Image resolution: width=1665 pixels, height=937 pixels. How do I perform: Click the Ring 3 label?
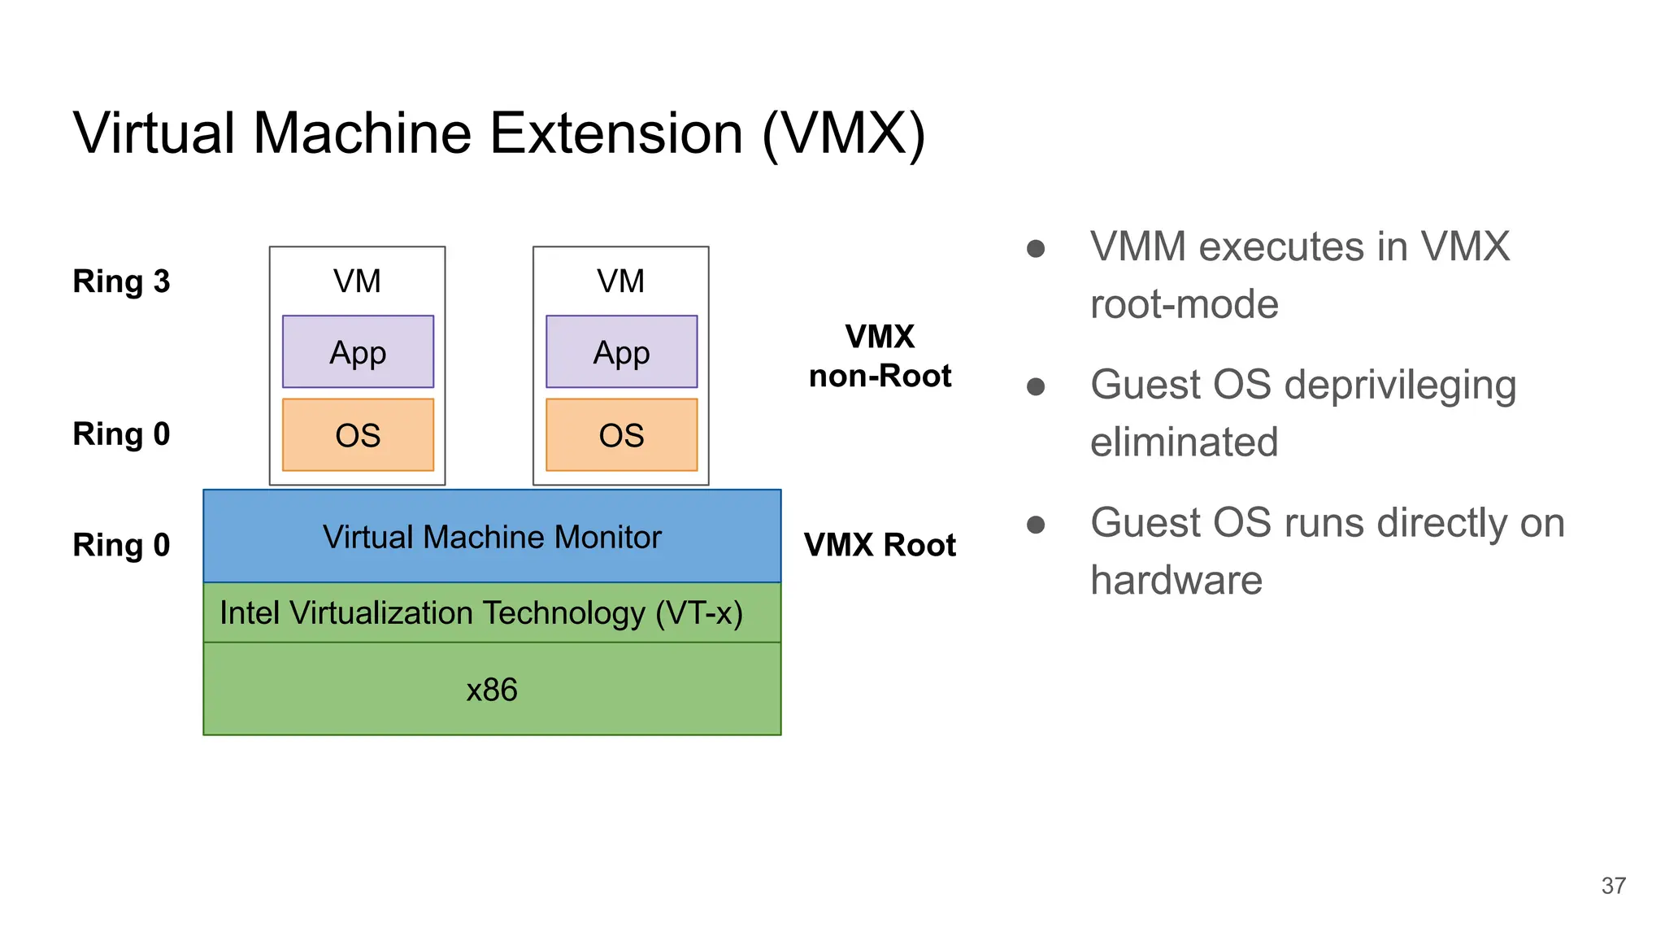[x=121, y=281]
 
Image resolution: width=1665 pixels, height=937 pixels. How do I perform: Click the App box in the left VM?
[x=358, y=352]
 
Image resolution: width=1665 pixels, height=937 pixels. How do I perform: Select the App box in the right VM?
[x=621, y=352]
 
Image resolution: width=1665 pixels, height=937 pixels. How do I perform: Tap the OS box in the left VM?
[x=358, y=435]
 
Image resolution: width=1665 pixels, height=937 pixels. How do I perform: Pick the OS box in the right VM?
[x=621, y=435]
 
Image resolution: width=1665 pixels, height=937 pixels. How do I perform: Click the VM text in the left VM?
[x=357, y=281]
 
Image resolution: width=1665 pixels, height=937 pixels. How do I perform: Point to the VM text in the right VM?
[x=620, y=281]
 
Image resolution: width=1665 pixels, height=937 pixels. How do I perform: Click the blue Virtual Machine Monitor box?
[x=492, y=537]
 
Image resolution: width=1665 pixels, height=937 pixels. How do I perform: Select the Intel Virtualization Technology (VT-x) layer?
[x=481, y=613]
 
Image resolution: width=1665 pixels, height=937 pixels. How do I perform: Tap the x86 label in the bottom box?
[x=492, y=690]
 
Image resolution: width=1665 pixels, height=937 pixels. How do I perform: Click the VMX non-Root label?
[x=880, y=356]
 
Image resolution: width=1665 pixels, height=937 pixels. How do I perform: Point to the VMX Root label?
[x=880, y=545]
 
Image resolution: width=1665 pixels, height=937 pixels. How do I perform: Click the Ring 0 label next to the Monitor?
[x=121, y=545]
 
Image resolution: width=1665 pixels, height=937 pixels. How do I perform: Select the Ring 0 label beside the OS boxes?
[x=121, y=434]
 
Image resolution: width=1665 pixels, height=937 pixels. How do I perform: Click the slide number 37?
[x=1613, y=886]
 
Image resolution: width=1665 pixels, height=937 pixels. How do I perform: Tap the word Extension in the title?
[x=616, y=133]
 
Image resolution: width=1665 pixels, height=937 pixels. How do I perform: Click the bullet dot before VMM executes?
[x=1036, y=248]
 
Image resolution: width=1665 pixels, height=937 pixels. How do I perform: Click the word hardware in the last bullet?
[x=1176, y=581]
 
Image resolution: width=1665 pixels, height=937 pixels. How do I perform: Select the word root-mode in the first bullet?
[x=1184, y=305]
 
